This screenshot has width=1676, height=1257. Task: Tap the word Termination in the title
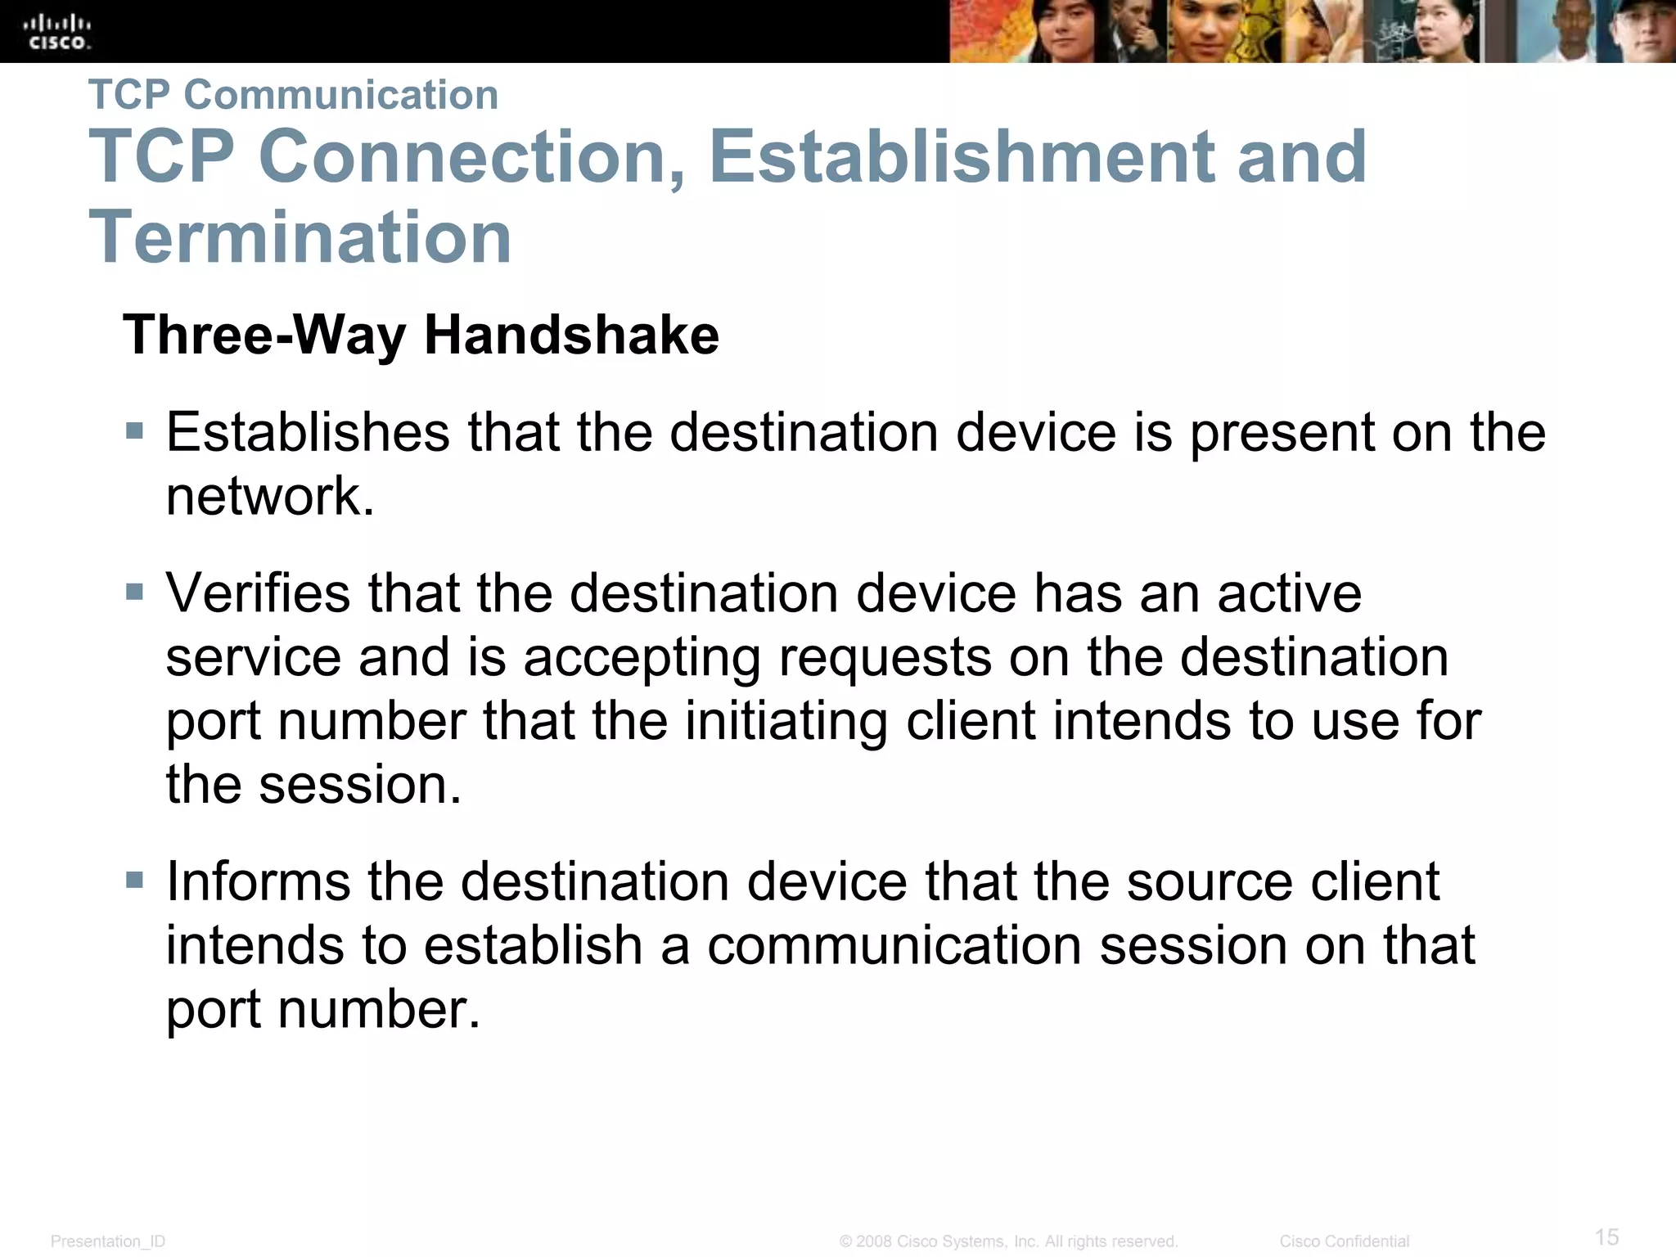pyautogui.click(x=300, y=237)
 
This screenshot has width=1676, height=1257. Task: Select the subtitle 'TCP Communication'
pyautogui.click(x=293, y=94)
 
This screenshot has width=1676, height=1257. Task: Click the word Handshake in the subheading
pyautogui.click(x=571, y=335)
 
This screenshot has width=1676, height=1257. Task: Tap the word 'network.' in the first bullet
pyautogui.click(x=270, y=496)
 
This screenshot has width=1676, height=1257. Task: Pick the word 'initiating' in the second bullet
pyautogui.click(x=786, y=721)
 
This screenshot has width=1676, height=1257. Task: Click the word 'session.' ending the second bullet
pyautogui.click(x=360, y=784)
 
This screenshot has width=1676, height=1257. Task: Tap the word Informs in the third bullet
pyautogui.click(x=258, y=881)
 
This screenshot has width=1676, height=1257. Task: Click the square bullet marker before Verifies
pyautogui.click(x=135, y=591)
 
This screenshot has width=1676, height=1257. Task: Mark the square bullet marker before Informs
pyautogui.click(x=135, y=881)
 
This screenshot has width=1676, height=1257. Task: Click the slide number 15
pyautogui.click(x=1606, y=1236)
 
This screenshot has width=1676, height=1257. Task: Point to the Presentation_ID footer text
pyautogui.click(x=108, y=1241)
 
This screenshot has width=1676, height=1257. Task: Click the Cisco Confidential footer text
pyautogui.click(x=1344, y=1241)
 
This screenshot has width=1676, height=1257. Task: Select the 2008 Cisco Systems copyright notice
pyautogui.click(x=1008, y=1241)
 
